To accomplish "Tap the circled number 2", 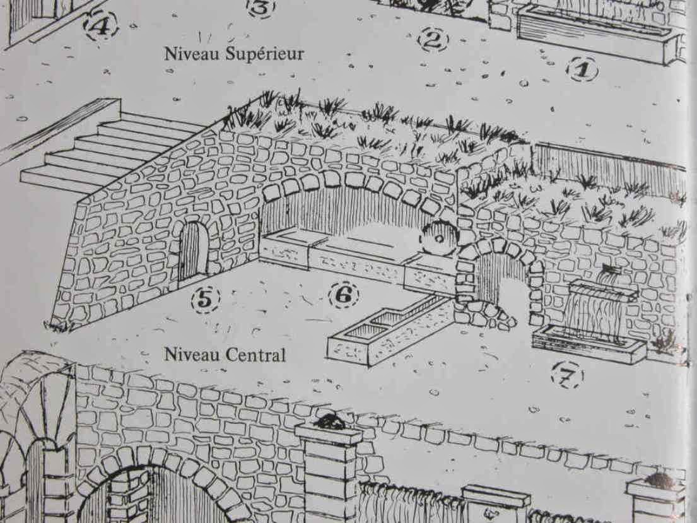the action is coord(433,40).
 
